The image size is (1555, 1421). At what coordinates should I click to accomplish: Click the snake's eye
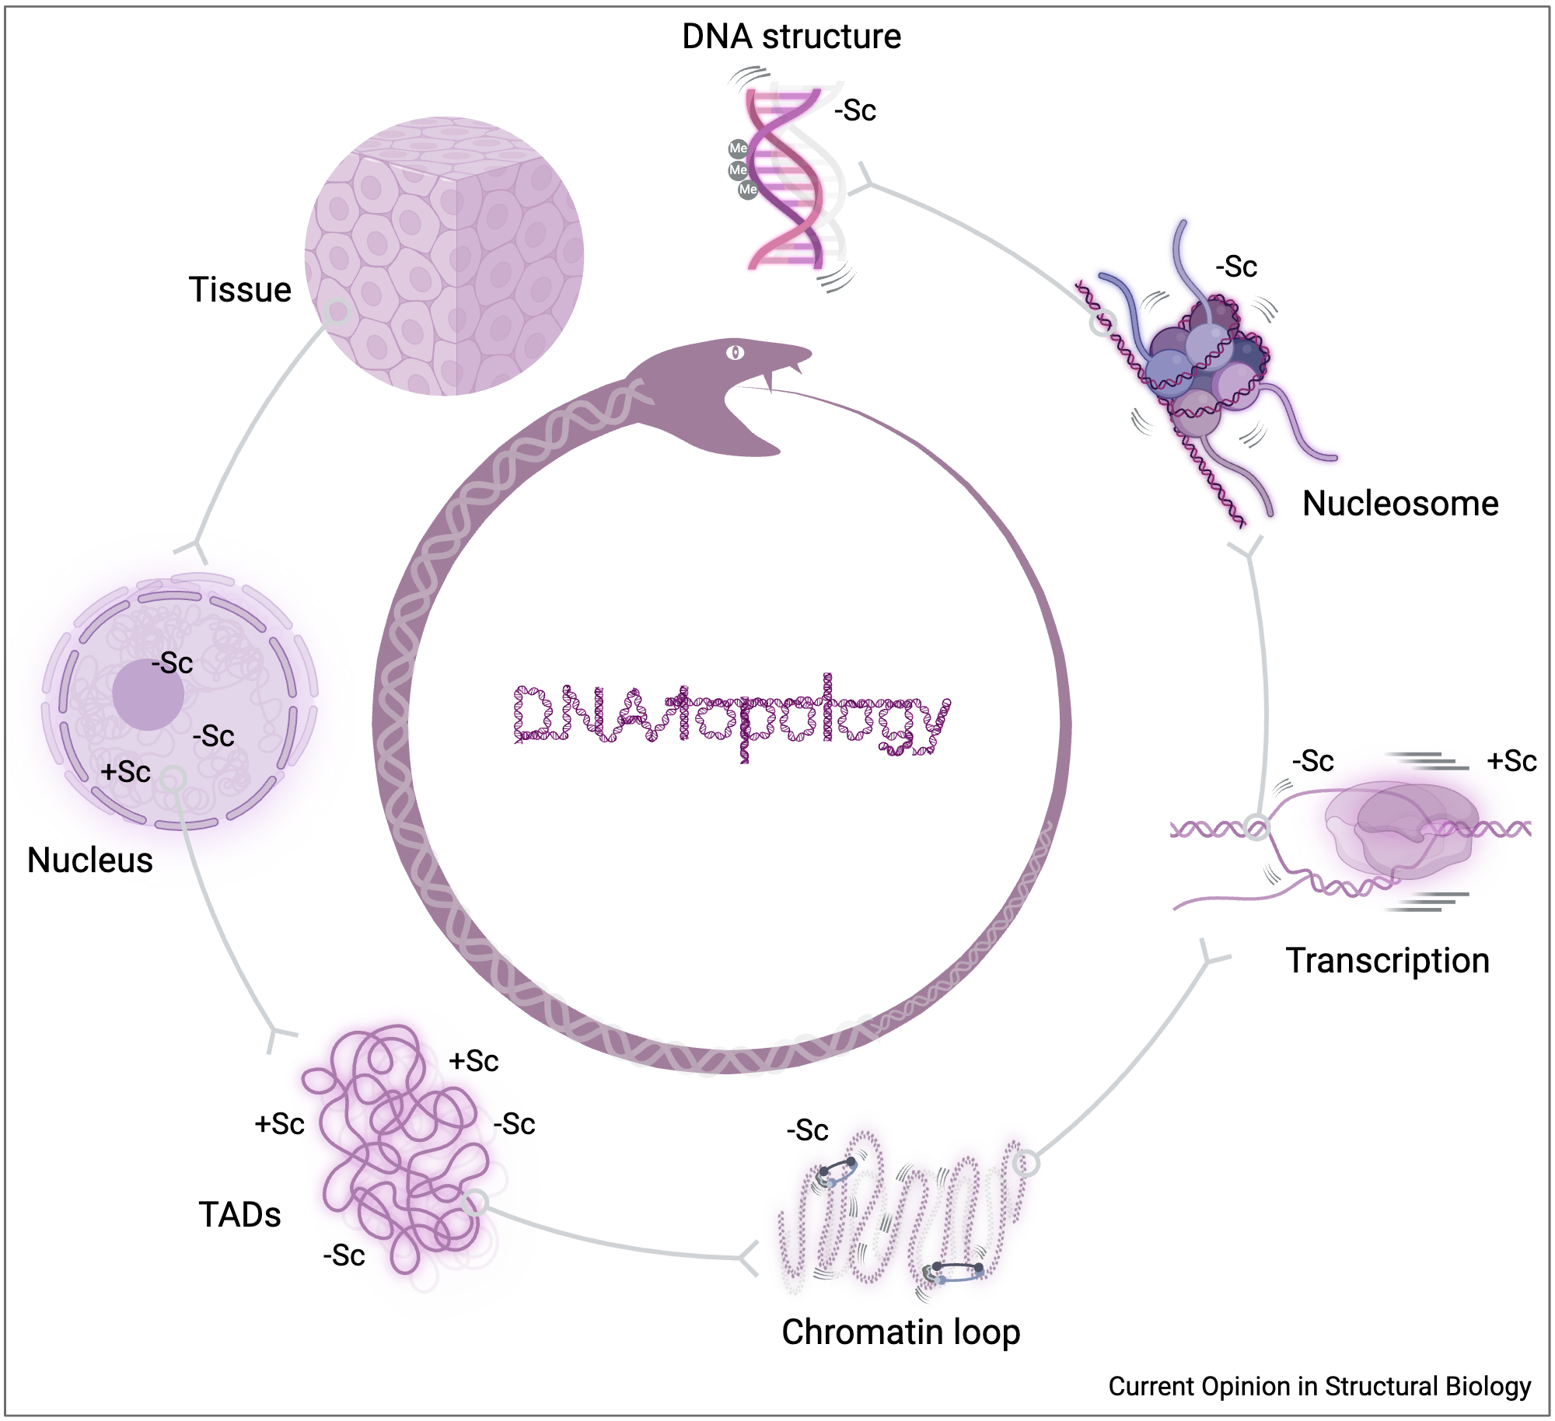click(735, 353)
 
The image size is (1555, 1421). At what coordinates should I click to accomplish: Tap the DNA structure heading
click(791, 37)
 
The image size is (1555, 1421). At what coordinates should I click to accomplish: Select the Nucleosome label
click(1399, 504)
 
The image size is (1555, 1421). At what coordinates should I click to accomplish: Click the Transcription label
click(1387, 961)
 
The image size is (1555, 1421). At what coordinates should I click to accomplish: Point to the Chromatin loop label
click(900, 1332)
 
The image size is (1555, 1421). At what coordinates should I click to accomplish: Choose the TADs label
click(239, 1215)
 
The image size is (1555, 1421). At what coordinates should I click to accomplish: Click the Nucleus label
click(89, 861)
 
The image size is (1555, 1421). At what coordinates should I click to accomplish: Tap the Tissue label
click(239, 290)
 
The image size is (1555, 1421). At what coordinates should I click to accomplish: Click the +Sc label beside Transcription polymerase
click(1511, 761)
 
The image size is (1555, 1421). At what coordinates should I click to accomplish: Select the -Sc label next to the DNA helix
click(855, 110)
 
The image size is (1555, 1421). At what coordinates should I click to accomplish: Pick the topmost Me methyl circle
click(738, 148)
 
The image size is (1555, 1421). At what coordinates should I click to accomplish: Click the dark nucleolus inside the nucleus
click(148, 694)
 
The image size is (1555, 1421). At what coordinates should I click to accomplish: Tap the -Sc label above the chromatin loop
click(807, 1130)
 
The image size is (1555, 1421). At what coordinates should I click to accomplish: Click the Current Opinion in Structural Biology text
click(1319, 1386)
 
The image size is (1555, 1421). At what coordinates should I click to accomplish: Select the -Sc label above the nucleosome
click(1236, 267)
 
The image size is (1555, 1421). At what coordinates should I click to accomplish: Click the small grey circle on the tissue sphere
click(338, 312)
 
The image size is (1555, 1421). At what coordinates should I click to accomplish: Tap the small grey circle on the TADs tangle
click(475, 1203)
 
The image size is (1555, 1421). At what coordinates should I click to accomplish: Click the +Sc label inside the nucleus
click(125, 772)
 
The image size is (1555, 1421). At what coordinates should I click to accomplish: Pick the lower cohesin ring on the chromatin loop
click(955, 1272)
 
